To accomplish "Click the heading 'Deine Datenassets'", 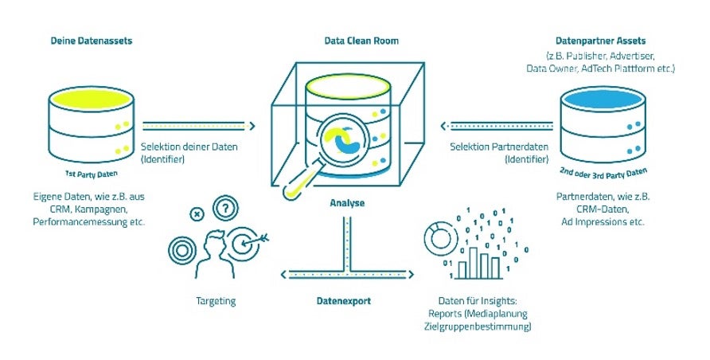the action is tap(92, 41).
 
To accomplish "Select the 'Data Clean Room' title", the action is tap(361, 41).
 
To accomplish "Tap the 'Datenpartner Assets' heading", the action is tap(600, 41).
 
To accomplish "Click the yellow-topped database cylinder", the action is tap(91, 124).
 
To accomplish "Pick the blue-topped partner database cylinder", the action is tap(603, 124).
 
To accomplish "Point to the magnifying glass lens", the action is tap(345, 139).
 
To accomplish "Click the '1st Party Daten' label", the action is tap(92, 174).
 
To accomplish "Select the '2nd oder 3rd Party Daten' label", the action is tap(603, 174).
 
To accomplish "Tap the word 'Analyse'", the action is tap(347, 203).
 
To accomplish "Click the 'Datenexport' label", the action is tap(344, 301).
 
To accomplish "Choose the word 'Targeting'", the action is tap(216, 301).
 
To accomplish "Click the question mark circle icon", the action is tap(225, 208).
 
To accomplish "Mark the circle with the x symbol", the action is tap(197, 213).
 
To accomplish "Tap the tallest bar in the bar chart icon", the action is tap(474, 263).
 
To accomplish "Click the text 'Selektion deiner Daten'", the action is tap(189, 147).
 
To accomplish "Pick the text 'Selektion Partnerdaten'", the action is tap(499, 147).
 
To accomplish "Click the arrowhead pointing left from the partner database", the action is tap(444, 127).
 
